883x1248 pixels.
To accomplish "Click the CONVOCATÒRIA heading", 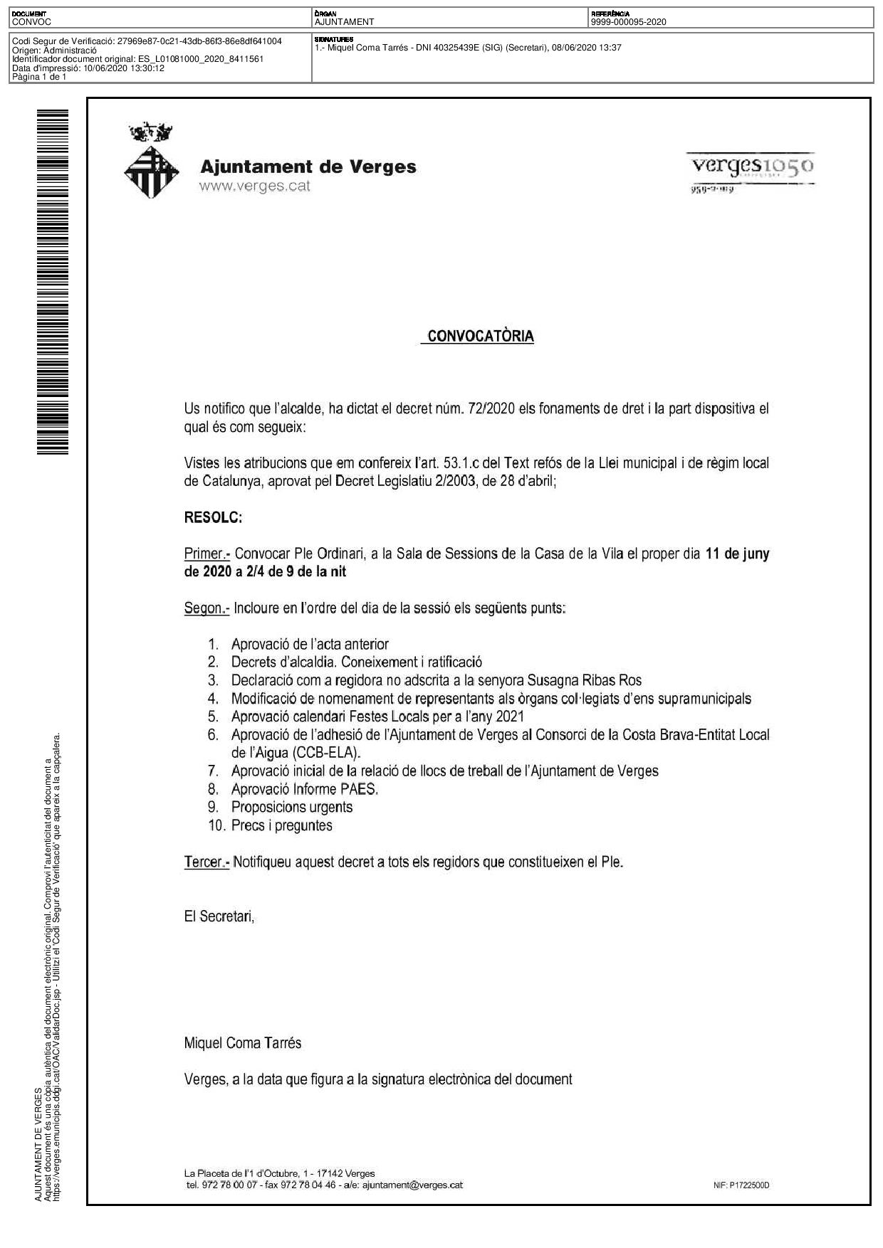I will pyautogui.click(x=481, y=337).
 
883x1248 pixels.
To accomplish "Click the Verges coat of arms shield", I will pyautogui.click(x=151, y=172).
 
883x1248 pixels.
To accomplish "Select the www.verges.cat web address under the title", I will pyautogui.click(x=255, y=186).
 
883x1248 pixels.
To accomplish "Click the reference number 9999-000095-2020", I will pyautogui.click(x=628, y=22).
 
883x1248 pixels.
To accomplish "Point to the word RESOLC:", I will pyautogui.click(x=213, y=517).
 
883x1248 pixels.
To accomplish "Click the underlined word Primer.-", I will pyautogui.click(x=207, y=554).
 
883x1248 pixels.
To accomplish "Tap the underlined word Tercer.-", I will pyautogui.click(x=207, y=862).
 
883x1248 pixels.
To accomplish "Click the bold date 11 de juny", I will pyautogui.click(x=737, y=554).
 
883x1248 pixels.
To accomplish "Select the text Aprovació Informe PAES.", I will pyautogui.click(x=305, y=789).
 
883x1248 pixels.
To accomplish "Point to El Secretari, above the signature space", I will pyautogui.click(x=219, y=916).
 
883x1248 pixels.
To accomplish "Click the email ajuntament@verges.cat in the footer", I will pyautogui.click(x=412, y=1185).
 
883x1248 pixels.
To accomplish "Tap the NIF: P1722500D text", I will pyautogui.click(x=741, y=1185).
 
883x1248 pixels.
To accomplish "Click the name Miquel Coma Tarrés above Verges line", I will pyautogui.click(x=243, y=1043).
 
